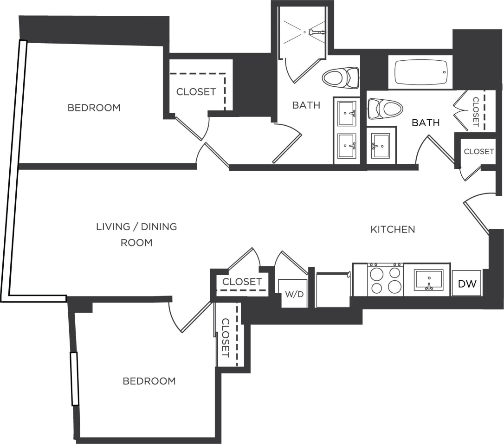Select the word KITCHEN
click(393, 229)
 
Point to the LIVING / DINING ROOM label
click(136, 234)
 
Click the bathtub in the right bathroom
click(420, 72)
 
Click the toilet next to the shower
click(342, 77)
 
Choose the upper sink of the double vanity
click(347, 113)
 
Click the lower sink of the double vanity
click(347, 146)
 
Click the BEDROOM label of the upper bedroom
click(94, 108)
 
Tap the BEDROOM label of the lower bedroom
click(149, 381)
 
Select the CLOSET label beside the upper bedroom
click(196, 92)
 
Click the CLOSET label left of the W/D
click(242, 282)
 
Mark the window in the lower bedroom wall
click(74, 379)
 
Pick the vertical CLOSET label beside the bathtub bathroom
click(475, 112)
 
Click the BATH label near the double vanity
click(306, 105)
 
